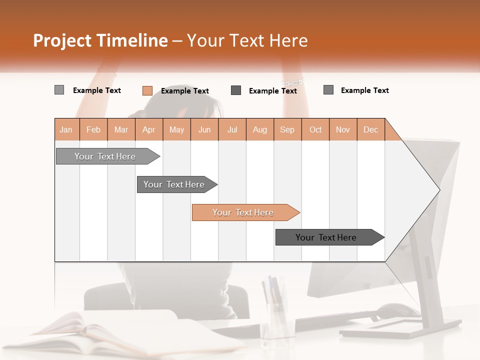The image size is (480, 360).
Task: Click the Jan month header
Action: click(66, 129)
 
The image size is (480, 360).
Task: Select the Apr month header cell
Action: click(149, 129)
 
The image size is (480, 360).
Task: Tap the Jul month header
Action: click(232, 129)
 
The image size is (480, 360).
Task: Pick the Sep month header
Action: click(287, 129)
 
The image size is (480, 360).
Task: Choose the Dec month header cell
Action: click(370, 129)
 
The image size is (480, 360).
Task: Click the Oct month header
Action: click(315, 129)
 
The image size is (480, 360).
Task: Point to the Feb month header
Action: click(93, 129)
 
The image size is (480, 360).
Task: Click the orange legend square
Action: click(147, 90)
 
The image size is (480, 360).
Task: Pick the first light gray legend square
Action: click(59, 90)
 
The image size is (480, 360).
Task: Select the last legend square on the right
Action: click(328, 90)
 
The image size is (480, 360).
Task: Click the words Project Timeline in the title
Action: click(100, 40)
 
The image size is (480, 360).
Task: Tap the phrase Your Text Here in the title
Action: click(247, 40)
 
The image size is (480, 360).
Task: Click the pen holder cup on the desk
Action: click(276, 320)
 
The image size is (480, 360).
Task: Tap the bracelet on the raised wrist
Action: click(292, 81)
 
